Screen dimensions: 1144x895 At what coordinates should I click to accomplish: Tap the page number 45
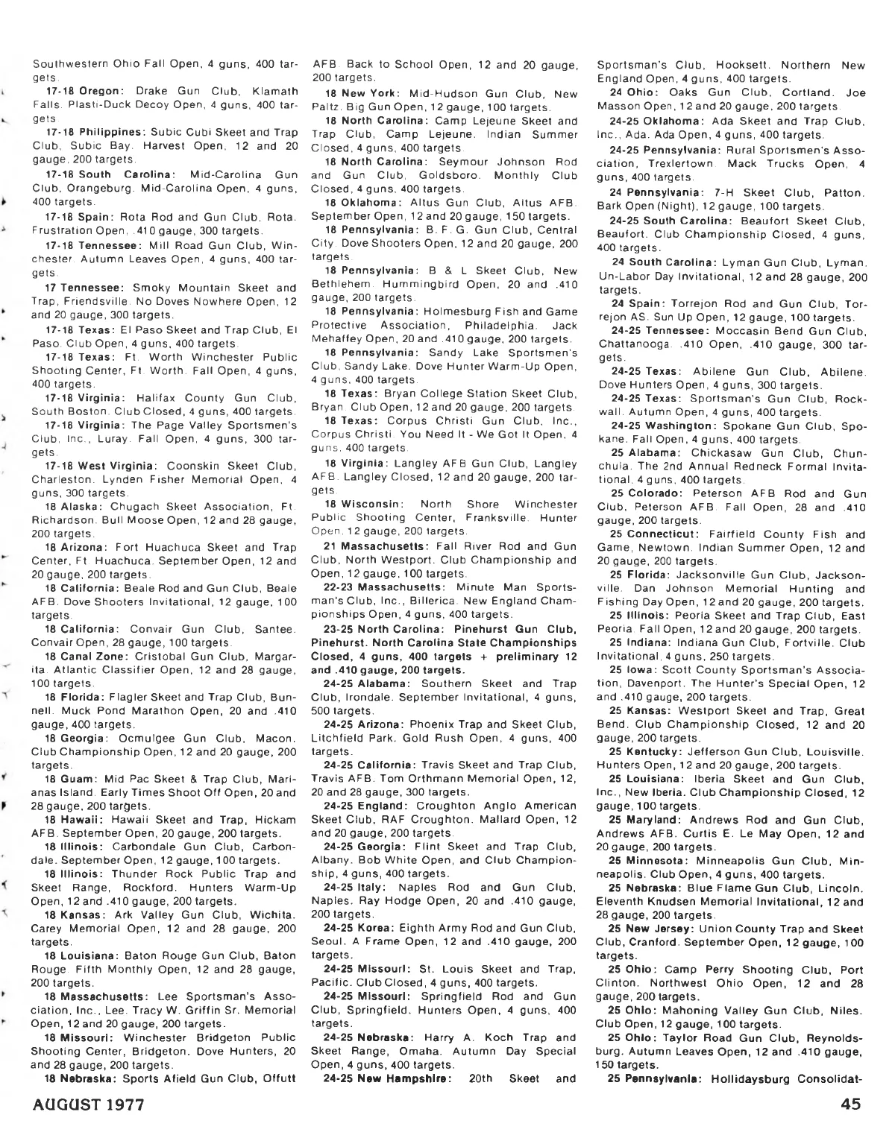(851, 1104)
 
